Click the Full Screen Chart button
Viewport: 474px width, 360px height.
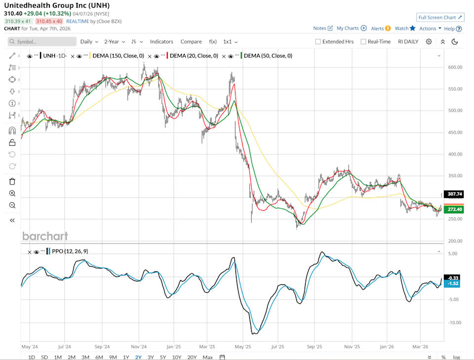(x=440, y=17)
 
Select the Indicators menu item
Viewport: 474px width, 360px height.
(x=161, y=41)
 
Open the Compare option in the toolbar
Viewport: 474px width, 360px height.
(x=191, y=41)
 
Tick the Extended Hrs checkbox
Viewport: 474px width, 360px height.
(x=318, y=41)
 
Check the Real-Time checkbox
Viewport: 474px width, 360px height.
(x=364, y=41)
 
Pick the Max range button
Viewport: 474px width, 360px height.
(x=207, y=357)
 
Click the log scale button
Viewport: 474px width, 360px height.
(x=457, y=357)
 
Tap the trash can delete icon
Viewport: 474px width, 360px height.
(x=12, y=181)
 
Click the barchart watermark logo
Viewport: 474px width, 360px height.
(x=45, y=236)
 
